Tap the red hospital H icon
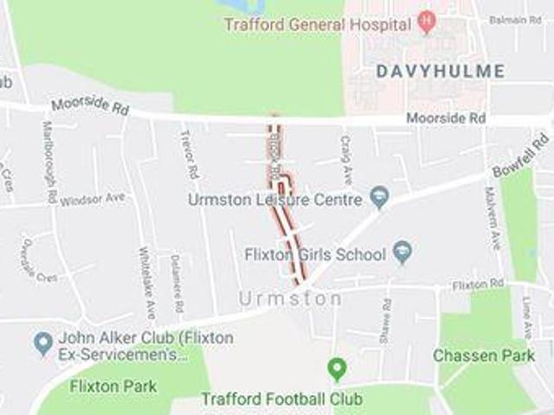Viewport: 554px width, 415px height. (x=426, y=20)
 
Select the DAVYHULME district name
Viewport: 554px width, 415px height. (x=441, y=71)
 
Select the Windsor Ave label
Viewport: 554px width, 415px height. (x=93, y=199)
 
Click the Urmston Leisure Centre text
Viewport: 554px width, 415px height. (x=274, y=200)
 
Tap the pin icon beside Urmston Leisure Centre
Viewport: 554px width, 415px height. (x=379, y=199)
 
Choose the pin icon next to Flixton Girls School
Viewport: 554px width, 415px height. (x=402, y=253)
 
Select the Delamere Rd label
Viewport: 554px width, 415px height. (x=177, y=284)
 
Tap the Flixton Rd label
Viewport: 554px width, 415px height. (x=478, y=283)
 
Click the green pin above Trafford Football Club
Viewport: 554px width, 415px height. (x=337, y=369)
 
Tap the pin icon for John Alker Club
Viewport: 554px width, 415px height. (x=43, y=344)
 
